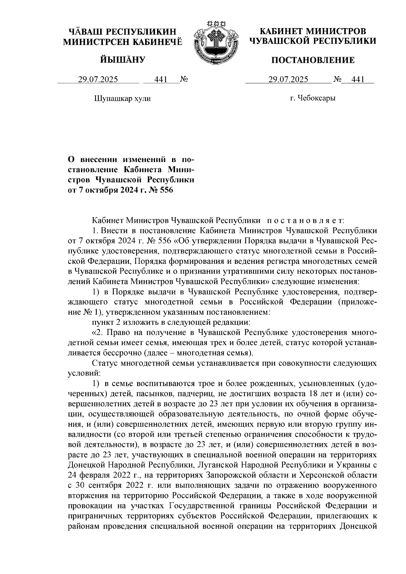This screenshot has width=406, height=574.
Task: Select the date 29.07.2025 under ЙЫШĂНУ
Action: point(98,79)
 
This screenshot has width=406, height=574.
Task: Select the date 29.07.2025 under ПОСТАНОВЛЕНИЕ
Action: point(288,79)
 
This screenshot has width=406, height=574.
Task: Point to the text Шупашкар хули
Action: point(121,99)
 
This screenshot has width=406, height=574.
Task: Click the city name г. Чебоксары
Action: point(313,98)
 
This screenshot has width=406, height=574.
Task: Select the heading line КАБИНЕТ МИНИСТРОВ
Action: point(313,31)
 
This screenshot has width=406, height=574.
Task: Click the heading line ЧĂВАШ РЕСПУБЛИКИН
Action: point(122,32)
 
